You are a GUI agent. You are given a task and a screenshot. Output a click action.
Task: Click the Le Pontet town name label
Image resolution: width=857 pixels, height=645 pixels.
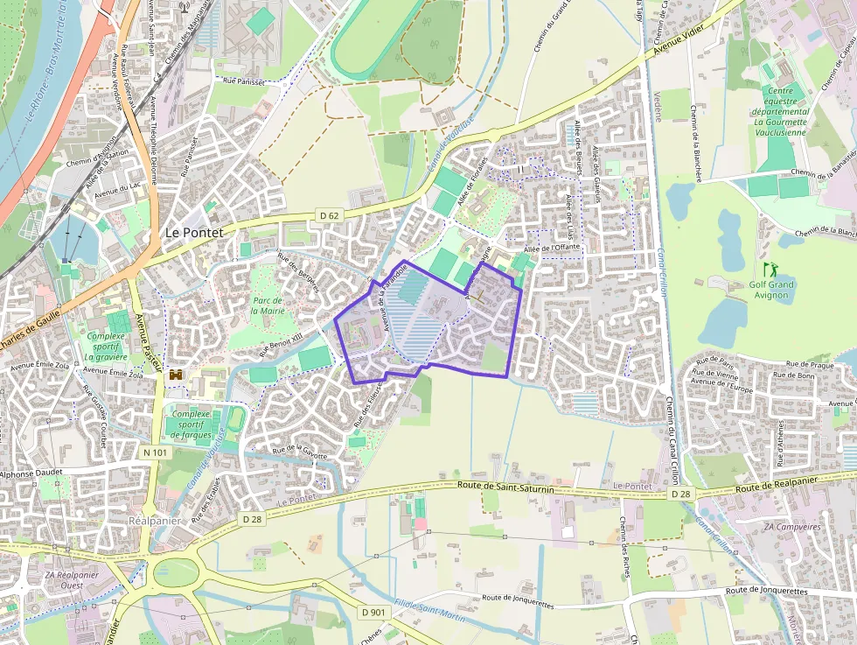(x=194, y=233)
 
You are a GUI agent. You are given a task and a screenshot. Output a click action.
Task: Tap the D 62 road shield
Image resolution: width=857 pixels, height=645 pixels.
(x=329, y=215)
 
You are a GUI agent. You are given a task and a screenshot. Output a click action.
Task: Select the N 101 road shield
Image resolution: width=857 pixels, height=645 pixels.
(x=154, y=452)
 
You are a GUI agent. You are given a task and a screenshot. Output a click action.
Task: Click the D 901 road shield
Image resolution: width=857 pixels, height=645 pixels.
(x=373, y=612)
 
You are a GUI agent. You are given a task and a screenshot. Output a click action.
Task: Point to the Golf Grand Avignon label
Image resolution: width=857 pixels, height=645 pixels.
(x=771, y=290)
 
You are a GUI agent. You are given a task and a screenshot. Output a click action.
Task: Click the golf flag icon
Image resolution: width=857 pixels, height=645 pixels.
(x=770, y=269)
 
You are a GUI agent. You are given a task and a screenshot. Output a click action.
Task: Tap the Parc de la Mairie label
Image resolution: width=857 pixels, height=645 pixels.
(x=268, y=305)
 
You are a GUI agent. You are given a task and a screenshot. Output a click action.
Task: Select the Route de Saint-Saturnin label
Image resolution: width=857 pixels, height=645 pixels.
(x=505, y=487)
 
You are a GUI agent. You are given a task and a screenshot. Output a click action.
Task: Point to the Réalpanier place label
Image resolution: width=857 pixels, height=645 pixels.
(x=155, y=520)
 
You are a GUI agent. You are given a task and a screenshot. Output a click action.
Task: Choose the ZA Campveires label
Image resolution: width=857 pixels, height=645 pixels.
(x=791, y=528)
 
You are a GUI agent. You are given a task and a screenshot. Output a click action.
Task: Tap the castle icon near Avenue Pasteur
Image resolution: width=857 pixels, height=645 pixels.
(x=176, y=375)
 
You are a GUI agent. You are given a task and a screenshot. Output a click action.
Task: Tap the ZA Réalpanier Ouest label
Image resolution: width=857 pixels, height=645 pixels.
(x=73, y=580)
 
